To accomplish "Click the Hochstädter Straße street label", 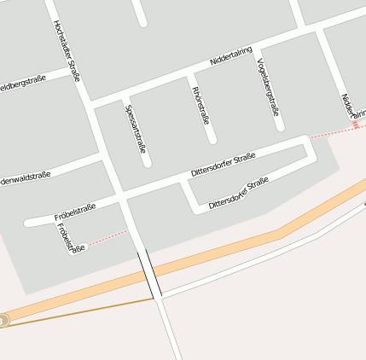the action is coord(67,51).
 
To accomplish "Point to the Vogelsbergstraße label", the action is coord(268,87).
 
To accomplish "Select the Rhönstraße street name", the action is coord(200,104).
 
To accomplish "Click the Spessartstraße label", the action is coord(136,128).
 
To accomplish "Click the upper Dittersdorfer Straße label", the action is coord(224,165).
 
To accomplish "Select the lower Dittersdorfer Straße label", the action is coord(239,193).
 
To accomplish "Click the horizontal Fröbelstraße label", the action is coord(74,211).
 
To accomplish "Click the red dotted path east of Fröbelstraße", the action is coord(107,237).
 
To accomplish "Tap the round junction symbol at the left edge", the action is coord(3,321).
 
